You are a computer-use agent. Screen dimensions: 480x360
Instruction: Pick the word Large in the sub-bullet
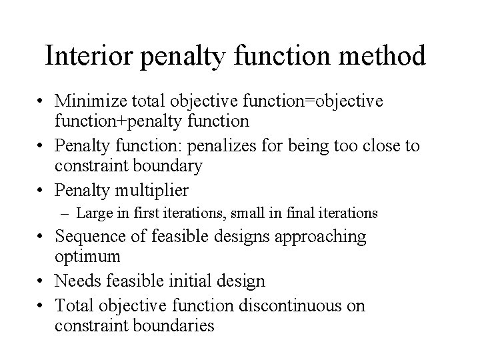pyautogui.click(x=92, y=214)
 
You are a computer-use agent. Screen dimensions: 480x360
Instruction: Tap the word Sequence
pyautogui.click(x=91, y=237)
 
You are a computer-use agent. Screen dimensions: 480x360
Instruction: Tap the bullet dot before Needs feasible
pyautogui.click(x=42, y=281)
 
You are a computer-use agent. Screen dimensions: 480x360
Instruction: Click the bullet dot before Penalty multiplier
pyautogui.click(x=42, y=191)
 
